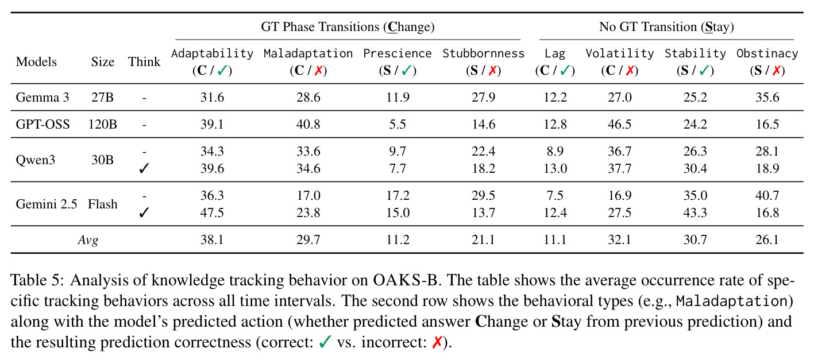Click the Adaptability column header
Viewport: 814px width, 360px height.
(212, 54)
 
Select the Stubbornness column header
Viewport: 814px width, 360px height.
(483, 54)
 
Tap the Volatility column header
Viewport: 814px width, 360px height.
(620, 54)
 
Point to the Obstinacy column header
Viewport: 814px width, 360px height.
(767, 54)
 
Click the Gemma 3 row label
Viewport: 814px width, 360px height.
(42, 98)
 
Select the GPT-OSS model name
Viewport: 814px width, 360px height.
(43, 124)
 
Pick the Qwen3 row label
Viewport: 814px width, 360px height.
(35, 160)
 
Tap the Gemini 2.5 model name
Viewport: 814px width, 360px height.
(46, 204)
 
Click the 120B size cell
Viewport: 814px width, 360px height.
(102, 124)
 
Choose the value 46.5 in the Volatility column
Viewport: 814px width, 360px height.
(620, 124)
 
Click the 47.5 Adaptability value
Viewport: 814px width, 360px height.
(212, 212)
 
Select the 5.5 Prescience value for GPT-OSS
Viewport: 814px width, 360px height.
(398, 124)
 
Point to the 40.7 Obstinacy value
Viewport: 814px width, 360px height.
(767, 195)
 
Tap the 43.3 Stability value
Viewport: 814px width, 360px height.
(695, 212)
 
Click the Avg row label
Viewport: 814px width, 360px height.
(88, 240)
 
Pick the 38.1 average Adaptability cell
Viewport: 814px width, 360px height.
(212, 240)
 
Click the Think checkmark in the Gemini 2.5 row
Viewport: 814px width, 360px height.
(144, 212)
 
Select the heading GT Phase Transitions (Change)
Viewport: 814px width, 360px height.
(348, 27)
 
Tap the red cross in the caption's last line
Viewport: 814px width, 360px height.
(437, 342)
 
